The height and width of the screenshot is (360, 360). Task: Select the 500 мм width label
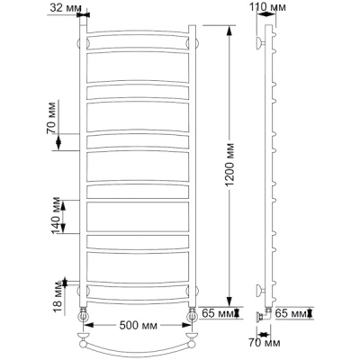click(138, 326)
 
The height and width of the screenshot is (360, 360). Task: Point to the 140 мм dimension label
click(56, 216)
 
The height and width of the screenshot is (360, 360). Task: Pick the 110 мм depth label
click(268, 7)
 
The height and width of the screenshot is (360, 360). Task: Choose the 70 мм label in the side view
click(265, 343)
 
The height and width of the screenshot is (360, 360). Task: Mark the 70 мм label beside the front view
click(51, 118)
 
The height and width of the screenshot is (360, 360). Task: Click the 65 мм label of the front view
click(217, 313)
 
